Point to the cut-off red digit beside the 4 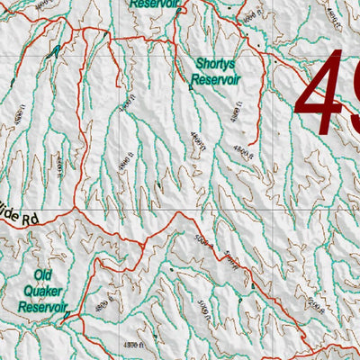click(353, 85)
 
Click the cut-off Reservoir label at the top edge click(154, 4)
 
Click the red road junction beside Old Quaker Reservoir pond click(72, 313)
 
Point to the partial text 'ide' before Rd click(9, 219)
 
